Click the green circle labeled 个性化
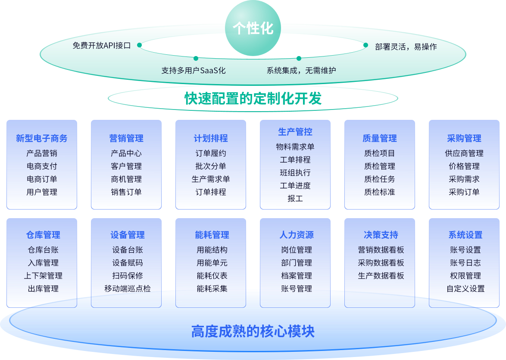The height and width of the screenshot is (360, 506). [x=253, y=28]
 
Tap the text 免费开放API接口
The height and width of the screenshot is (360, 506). [x=101, y=45]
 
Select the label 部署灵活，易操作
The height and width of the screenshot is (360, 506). [x=406, y=47]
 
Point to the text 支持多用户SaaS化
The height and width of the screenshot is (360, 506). [x=193, y=70]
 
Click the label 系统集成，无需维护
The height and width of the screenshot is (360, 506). [x=301, y=70]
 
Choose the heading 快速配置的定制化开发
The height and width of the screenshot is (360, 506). [x=253, y=99]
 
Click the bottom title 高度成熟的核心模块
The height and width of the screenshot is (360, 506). [x=253, y=331]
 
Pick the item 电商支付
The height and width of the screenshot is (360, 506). [x=42, y=166]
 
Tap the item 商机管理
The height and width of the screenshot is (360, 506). [x=126, y=179]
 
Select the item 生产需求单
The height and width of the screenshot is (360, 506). [x=211, y=179]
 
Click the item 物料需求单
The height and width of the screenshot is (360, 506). [x=295, y=147]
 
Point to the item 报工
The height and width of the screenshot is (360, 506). [x=295, y=198]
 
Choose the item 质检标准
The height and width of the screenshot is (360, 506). [x=380, y=192]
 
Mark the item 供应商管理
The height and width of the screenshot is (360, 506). [x=464, y=153]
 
